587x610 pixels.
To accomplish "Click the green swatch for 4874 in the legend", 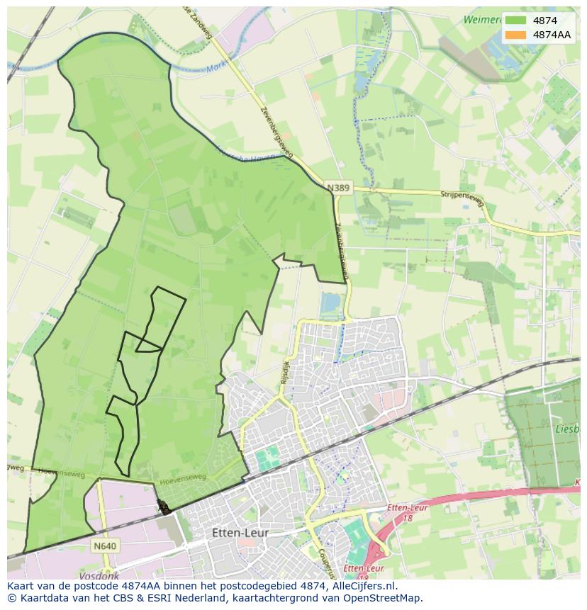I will (x=515, y=21).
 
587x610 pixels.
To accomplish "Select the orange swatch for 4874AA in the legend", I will (x=515, y=35).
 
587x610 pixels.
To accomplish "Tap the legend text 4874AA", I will (x=552, y=35).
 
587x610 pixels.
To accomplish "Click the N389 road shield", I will (x=338, y=188).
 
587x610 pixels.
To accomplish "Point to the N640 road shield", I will (x=104, y=546).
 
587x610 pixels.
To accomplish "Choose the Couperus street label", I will (x=324, y=562).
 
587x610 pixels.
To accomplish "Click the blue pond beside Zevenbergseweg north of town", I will (x=330, y=304).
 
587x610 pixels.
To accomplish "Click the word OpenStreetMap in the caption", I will (x=384, y=598).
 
